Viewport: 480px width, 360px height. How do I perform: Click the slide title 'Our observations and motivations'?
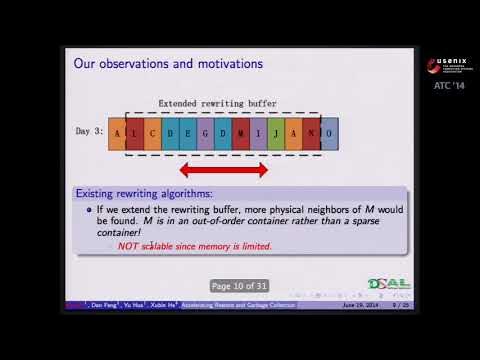[x=168, y=64]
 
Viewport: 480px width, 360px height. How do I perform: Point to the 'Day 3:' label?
[x=90, y=132]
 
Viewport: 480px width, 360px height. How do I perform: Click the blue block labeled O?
[x=329, y=132]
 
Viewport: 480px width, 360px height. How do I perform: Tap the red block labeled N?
[x=311, y=132]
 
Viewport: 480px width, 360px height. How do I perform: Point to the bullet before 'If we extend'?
[x=88, y=210]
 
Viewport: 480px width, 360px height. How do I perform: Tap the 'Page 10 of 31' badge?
[x=240, y=286]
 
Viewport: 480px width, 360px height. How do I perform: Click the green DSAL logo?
[x=389, y=284]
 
